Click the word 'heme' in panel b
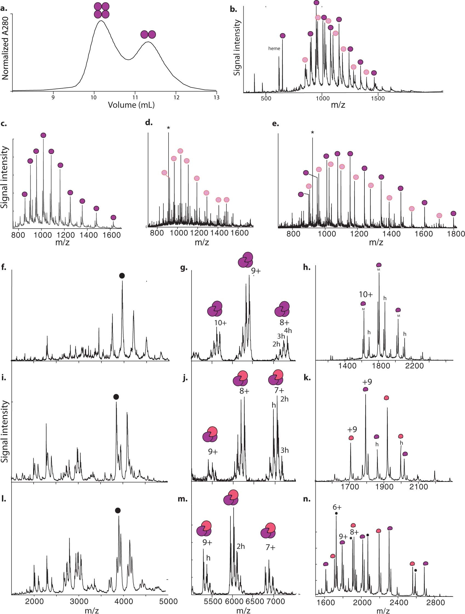[274, 49]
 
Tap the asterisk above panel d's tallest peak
[168, 128]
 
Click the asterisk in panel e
[312, 133]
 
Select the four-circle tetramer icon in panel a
[102, 10]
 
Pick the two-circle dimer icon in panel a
[148, 35]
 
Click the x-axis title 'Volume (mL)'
[131, 105]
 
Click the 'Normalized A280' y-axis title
[5, 48]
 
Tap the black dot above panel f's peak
[122, 276]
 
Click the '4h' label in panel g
[288, 331]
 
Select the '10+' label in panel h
[366, 294]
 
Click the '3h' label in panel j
[284, 450]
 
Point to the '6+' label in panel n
[337, 507]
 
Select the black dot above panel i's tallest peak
[116, 397]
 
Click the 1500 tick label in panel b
[378, 98]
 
